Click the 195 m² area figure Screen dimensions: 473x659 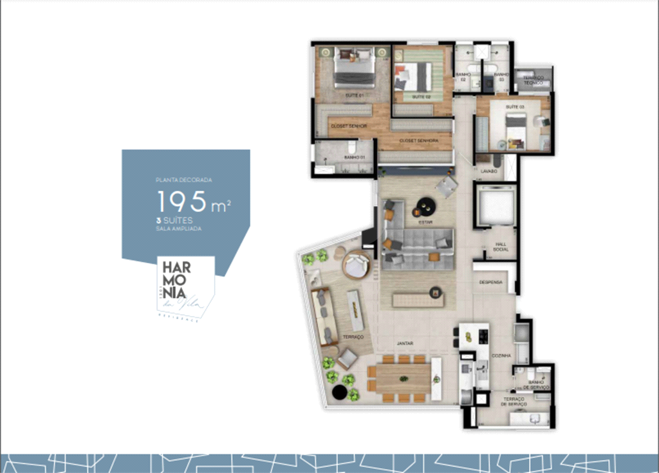coord(194,202)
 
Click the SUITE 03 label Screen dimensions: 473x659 coord(514,106)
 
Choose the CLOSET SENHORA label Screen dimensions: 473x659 coord(418,140)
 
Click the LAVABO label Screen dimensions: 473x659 coord(488,171)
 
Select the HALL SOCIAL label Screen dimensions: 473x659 coord(501,247)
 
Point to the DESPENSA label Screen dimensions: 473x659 coord(490,283)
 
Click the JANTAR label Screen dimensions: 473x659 coord(405,344)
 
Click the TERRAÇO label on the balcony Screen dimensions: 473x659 coord(354,337)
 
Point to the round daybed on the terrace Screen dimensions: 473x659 coord(356,264)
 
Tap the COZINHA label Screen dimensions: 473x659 coord(501,355)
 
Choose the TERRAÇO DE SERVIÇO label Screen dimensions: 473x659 coord(514,402)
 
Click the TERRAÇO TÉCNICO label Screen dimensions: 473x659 coord(533,80)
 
